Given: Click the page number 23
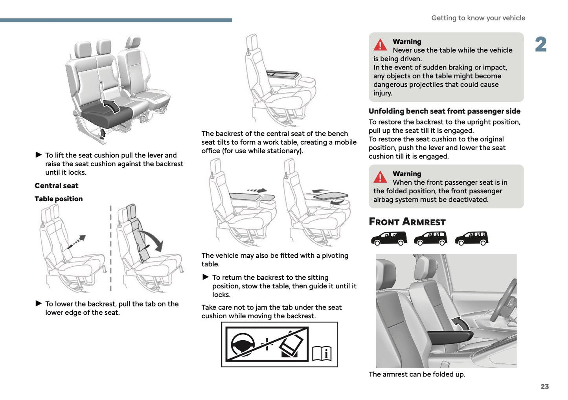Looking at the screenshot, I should click(544, 387).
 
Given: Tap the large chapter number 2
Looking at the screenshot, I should click(541, 44).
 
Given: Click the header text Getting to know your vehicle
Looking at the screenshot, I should click(478, 18).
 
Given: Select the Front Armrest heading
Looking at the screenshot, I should click(407, 222).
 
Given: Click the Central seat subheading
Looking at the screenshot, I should click(57, 186).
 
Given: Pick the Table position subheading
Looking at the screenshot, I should click(59, 199).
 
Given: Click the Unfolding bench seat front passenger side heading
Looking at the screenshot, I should click(444, 111).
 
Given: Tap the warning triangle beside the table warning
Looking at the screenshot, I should click(380, 45).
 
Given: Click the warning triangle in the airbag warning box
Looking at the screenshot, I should click(380, 177).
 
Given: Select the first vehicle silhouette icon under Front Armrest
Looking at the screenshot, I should click(389, 238).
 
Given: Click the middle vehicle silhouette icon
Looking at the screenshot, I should click(430, 238).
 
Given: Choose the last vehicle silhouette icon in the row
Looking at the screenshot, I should click(471, 238).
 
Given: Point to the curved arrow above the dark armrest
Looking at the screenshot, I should click(460, 324).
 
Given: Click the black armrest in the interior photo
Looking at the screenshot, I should click(450, 336).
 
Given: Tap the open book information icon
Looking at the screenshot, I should click(322, 354).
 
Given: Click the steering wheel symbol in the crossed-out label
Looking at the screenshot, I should click(243, 345).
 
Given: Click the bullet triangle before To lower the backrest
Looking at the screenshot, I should click(39, 303).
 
